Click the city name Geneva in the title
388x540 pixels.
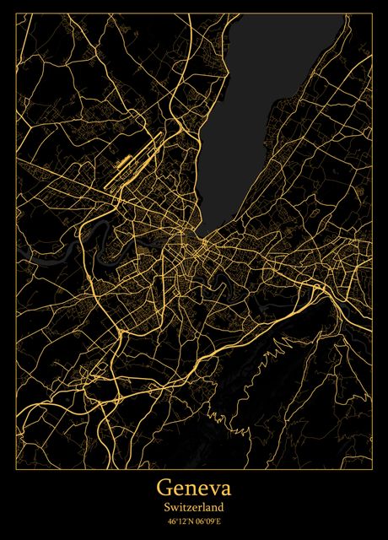tap(193, 489)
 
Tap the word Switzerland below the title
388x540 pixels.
tap(193, 508)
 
